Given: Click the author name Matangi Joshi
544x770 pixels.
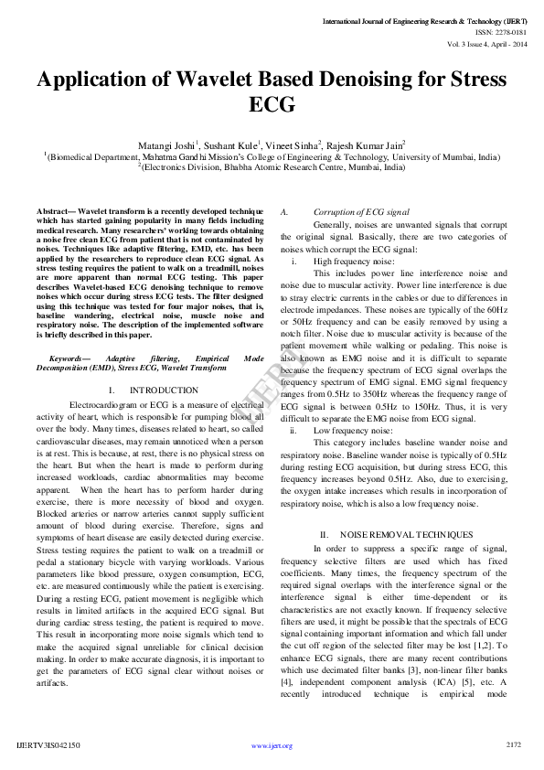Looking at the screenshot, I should tap(166, 144).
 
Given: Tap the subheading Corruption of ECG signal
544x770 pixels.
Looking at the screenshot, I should tap(360, 212).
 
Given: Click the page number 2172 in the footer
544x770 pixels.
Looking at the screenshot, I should tap(513, 744).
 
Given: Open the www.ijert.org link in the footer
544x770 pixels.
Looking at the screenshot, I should tap(272, 745).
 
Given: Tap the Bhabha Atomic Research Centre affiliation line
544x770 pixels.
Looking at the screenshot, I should tap(274, 167).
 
